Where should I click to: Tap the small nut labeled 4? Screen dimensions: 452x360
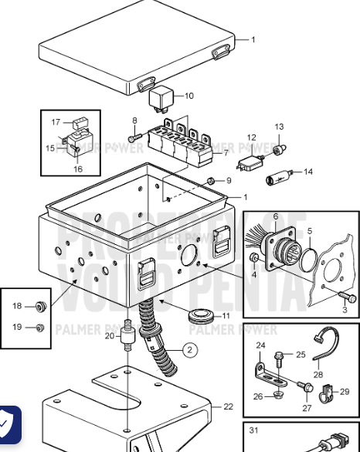(254, 257)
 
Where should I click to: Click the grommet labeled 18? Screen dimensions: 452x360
(42, 306)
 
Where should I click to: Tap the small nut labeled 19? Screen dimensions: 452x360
(41, 328)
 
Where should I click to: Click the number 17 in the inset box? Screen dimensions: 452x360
(56, 122)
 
